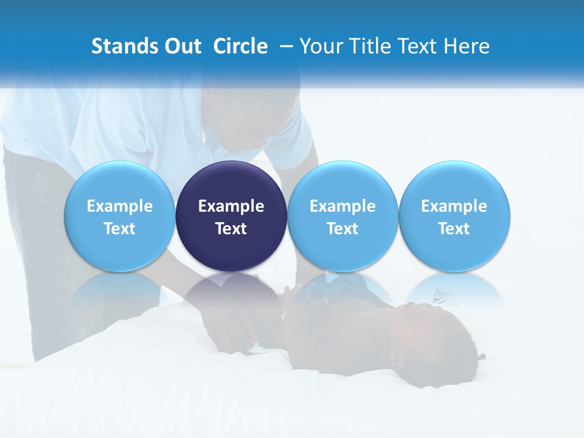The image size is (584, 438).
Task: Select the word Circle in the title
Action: (240, 46)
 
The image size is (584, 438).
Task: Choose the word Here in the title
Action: (467, 46)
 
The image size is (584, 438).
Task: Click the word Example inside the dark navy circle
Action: (231, 206)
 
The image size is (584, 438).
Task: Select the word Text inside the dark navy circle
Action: (231, 229)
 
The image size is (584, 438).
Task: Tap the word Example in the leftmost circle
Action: (120, 206)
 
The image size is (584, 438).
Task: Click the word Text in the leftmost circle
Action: (120, 229)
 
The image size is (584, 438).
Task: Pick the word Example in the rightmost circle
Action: (454, 206)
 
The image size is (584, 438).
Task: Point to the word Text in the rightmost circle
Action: (454, 229)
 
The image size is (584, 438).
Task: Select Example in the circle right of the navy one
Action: (342, 206)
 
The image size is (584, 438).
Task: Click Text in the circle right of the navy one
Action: (342, 229)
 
